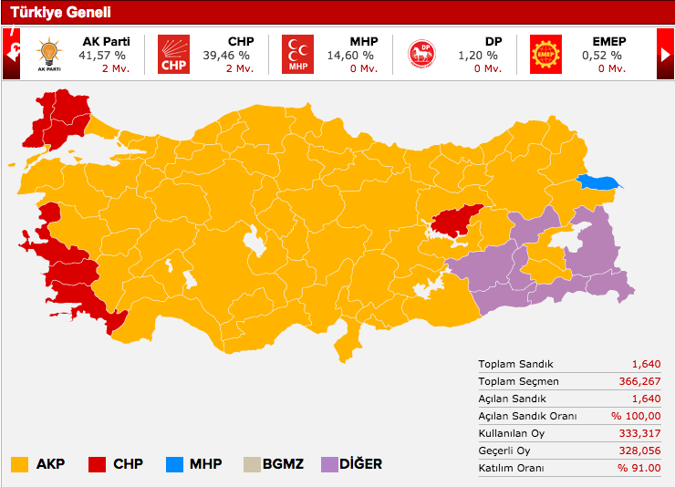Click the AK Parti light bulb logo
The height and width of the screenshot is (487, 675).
click(x=47, y=54)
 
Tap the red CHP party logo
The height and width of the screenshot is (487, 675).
click(x=173, y=54)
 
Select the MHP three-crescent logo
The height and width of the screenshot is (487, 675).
click(x=297, y=54)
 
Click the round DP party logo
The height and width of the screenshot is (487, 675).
click(x=421, y=54)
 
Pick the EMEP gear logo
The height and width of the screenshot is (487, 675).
click(x=545, y=54)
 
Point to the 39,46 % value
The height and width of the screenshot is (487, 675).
click(x=232, y=55)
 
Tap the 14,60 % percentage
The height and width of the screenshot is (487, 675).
click(x=356, y=55)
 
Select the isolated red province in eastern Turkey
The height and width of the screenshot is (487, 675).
click(x=455, y=220)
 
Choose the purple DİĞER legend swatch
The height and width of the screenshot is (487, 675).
click(x=329, y=464)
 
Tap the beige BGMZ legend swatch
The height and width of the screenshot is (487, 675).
click(x=252, y=464)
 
